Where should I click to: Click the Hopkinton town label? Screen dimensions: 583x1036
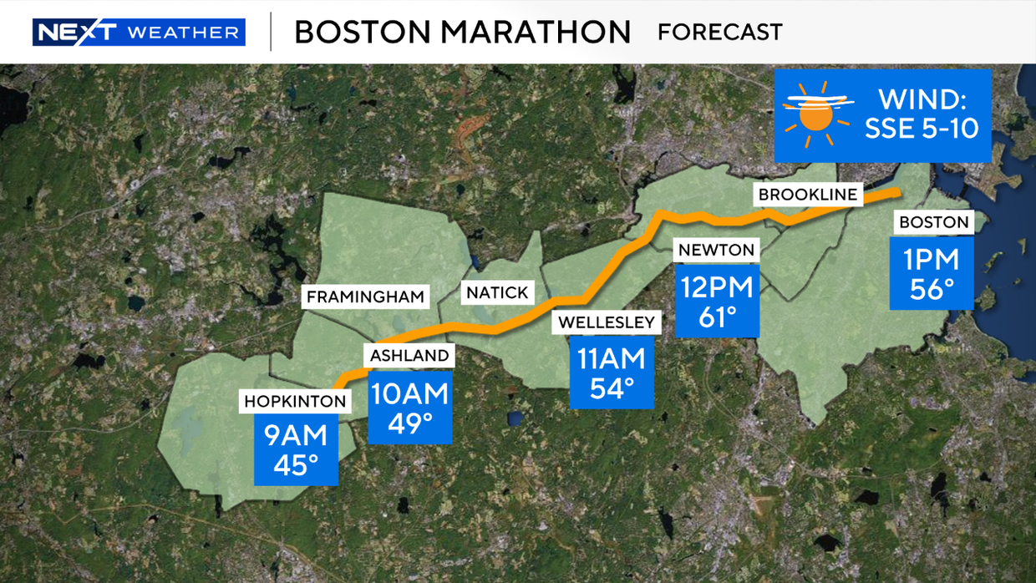(x=295, y=402)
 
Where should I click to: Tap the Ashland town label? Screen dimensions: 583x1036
(x=409, y=356)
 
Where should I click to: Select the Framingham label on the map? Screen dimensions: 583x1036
(x=365, y=297)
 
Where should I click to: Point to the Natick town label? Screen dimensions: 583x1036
(x=497, y=292)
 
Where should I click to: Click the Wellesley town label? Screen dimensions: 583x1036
(x=607, y=322)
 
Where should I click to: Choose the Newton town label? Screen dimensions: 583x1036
(x=716, y=250)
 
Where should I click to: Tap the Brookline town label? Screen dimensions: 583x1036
(x=807, y=195)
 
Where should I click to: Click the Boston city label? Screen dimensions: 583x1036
(x=933, y=222)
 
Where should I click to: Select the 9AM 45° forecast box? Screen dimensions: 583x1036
(x=297, y=450)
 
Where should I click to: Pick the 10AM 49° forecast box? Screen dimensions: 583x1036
(x=409, y=407)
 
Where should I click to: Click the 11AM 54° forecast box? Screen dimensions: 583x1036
(x=612, y=373)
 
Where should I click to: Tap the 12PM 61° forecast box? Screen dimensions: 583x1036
(x=717, y=302)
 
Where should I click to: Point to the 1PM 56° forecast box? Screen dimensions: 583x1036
(x=932, y=274)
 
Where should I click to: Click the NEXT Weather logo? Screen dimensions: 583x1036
(x=139, y=33)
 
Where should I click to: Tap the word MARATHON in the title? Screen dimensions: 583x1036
(x=536, y=33)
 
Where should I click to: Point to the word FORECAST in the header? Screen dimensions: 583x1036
(x=719, y=33)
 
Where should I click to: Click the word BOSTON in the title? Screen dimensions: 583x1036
(x=362, y=33)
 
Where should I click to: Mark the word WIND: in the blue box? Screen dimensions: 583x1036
(x=922, y=100)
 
